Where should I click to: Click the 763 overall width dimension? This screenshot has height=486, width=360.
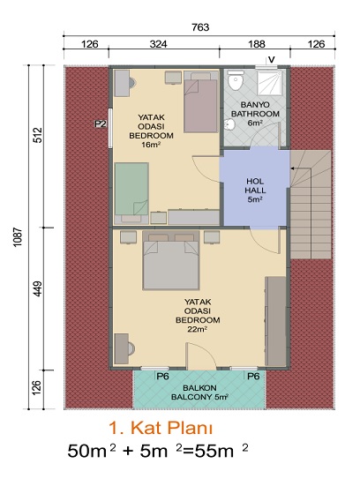pos(200,27)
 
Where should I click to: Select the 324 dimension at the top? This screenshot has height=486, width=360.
pos(159,44)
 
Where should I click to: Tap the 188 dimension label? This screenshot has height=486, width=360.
pos(257,44)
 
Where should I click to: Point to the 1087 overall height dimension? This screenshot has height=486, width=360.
pos(19,237)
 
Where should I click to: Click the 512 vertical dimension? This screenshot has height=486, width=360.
pos(37,135)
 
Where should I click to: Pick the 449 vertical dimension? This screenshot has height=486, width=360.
pos(37,289)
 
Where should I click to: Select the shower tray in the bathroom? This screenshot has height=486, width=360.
pos(270,82)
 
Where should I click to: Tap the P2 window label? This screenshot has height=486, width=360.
pos(101,124)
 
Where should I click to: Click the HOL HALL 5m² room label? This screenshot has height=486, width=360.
pos(255,191)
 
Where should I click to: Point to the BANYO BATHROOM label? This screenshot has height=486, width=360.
pos(255,109)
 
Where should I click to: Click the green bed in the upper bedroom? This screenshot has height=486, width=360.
pos(131,189)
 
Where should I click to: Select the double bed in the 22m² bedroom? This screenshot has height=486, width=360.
pos(170,260)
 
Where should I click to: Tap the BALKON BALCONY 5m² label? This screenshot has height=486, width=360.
pos(200,393)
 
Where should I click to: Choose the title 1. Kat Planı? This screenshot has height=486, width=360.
pos(161,428)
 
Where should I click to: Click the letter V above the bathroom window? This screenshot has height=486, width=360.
pos(271,59)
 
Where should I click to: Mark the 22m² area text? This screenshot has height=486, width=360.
pos(198,329)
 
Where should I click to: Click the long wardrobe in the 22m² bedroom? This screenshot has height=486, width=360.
pos(275,321)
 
